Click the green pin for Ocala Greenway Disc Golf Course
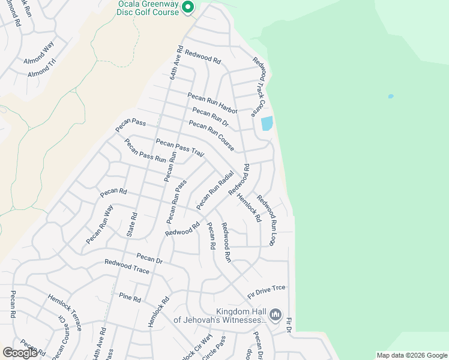(x=188, y=7)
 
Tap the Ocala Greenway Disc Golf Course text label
(x=148, y=8)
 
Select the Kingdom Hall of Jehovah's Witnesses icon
(x=276, y=314)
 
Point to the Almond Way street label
(x=39, y=52)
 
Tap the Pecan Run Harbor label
(x=212, y=103)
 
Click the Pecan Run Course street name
(x=211, y=135)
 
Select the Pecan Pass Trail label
(x=180, y=147)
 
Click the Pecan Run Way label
(x=100, y=224)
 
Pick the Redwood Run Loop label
(x=266, y=214)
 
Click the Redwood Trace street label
(x=127, y=266)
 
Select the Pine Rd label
(x=130, y=297)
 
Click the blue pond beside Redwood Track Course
(x=267, y=123)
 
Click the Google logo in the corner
(x=20, y=353)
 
